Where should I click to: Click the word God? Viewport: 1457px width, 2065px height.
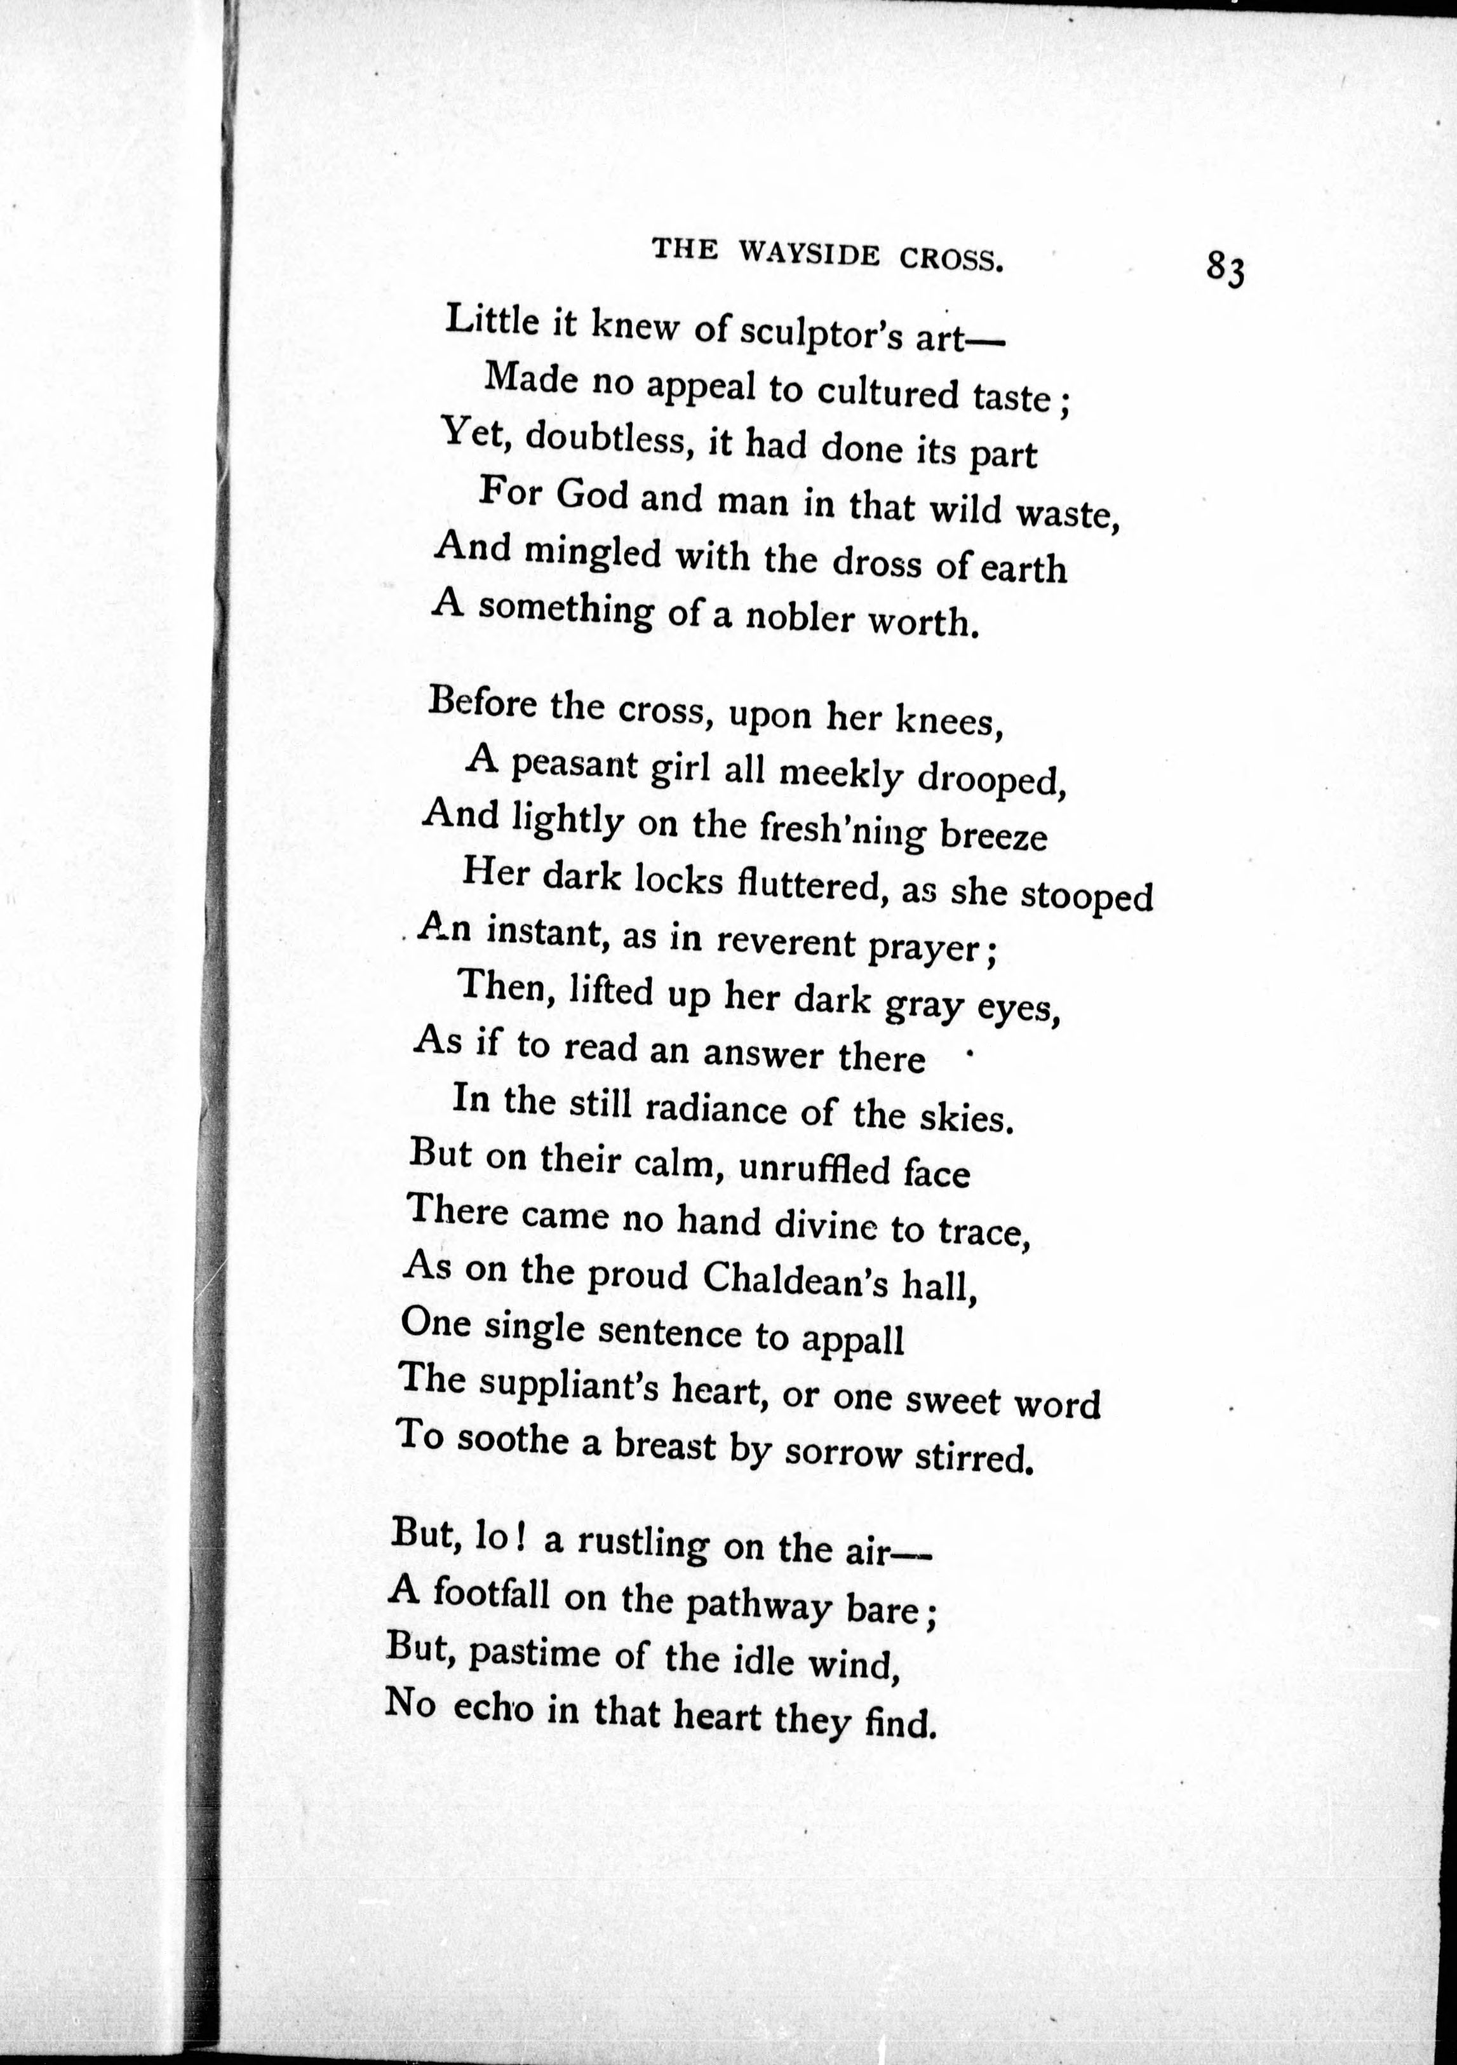pos(592,495)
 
